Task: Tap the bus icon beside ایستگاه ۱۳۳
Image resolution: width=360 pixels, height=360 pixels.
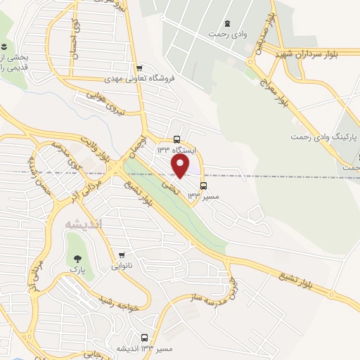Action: tap(176, 140)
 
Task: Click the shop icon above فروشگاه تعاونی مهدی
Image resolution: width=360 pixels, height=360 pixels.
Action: tap(140, 67)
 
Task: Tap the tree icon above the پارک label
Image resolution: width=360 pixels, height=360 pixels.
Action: tap(75, 258)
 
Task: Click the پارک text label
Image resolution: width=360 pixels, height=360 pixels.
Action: tap(79, 269)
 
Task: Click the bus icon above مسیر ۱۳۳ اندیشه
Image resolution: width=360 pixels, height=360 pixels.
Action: tap(145, 337)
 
